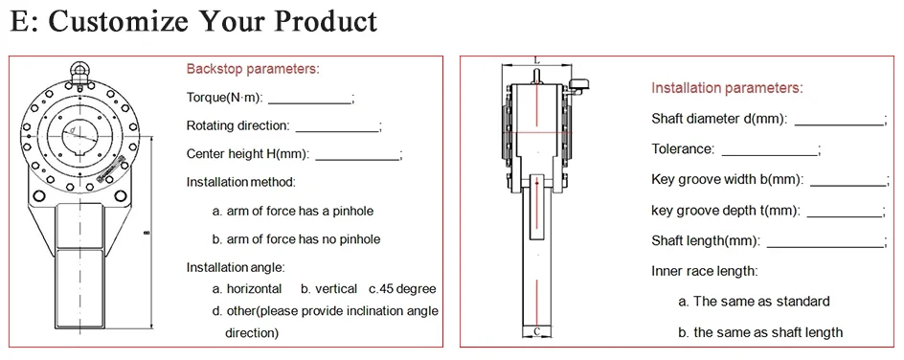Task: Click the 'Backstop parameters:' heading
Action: coord(253,69)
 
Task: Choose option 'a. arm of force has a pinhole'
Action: coord(293,212)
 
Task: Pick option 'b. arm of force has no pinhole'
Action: coord(296,239)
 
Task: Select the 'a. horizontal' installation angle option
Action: coord(247,289)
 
